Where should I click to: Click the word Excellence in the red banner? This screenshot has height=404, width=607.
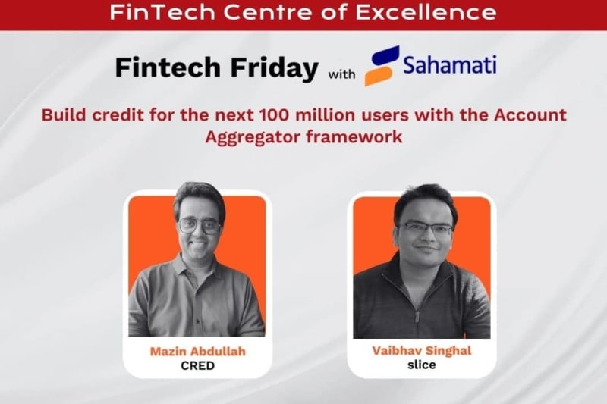pos(445,13)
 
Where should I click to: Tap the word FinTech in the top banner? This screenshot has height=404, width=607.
pos(147,13)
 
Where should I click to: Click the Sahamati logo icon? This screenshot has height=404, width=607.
pos(382,65)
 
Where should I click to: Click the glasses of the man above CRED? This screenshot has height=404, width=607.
pos(199,225)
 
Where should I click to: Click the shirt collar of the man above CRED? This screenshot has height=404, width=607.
pos(199,267)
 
